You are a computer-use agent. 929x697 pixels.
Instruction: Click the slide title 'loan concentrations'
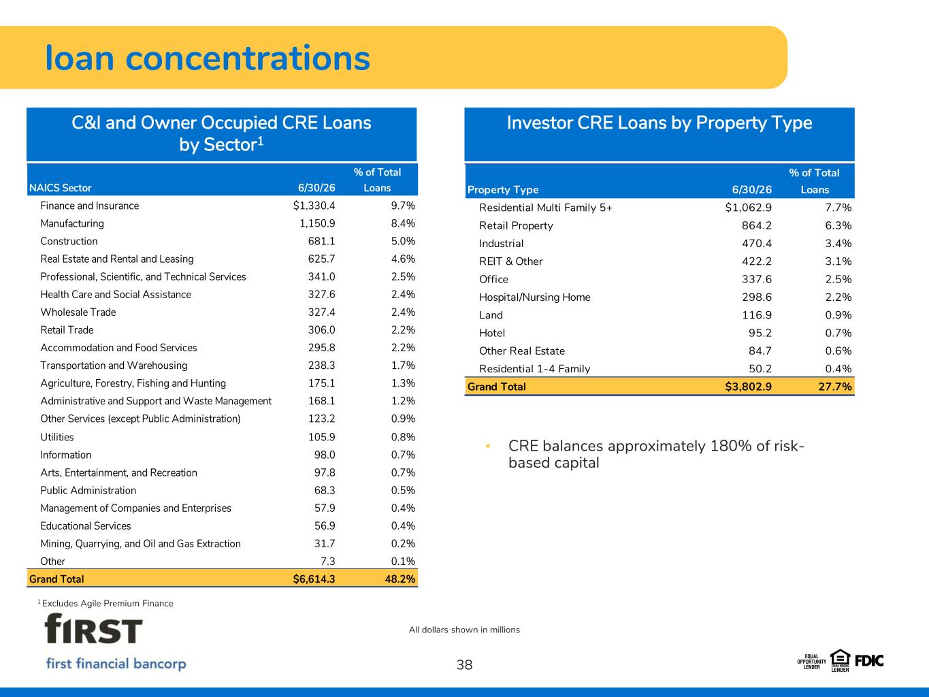pos(208,58)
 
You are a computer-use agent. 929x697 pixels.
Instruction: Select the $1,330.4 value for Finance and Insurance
pos(314,206)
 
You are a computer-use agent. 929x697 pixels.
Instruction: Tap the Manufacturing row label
pos(72,223)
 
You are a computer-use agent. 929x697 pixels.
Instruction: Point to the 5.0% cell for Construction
pos(403,241)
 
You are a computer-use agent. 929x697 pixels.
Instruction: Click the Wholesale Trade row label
pos(78,312)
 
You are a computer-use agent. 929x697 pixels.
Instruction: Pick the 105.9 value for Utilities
pos(322,437)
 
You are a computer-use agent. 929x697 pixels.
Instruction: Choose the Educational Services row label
pos(86,525)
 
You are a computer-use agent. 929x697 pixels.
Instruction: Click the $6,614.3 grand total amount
pos(314,579)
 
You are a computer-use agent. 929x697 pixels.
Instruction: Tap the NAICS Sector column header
pos(60,188)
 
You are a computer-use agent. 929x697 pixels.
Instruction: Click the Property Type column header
pos(503,190)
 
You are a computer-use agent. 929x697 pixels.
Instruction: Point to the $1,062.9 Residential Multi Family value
pos(748,208)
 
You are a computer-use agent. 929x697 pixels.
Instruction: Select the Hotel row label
pos(492,333)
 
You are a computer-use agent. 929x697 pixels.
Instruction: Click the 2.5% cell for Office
pos(838,279)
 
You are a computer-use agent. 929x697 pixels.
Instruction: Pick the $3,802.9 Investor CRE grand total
pos(748,387)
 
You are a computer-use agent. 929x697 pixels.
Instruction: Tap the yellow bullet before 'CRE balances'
pos(488,446)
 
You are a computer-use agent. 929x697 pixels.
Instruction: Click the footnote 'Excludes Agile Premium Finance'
pos(108,604)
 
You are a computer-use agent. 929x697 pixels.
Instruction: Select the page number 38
pos(464,665)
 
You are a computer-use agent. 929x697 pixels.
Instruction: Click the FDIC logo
pos(869,661)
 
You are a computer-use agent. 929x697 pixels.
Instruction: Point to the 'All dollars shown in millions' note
pos(464,630)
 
